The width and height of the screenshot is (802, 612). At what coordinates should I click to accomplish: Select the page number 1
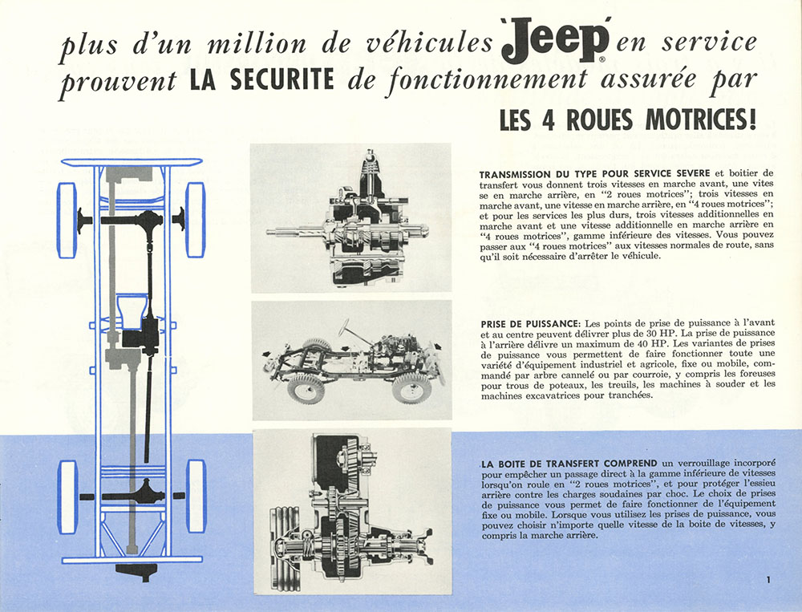[768, 579]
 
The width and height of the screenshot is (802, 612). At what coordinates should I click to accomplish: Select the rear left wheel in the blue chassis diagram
[67, 496]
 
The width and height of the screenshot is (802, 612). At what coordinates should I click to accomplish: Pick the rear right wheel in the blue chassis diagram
[196, 496]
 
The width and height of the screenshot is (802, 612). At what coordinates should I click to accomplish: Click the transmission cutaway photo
[350, 217]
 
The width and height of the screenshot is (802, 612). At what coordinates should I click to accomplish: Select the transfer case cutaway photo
[351, 512]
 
